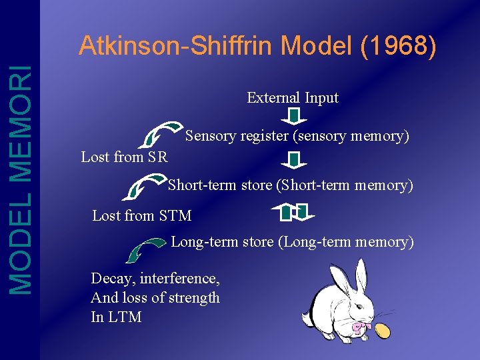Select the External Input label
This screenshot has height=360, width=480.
tap(293, 97)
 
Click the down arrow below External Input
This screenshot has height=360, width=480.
tap(292, 117)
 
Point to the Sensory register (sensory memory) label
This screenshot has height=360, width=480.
tap(297, 136)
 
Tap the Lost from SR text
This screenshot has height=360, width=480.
tap(124, 157)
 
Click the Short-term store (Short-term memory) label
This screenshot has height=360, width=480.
tap(290, 185)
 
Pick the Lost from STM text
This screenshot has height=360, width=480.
tap(141, 215)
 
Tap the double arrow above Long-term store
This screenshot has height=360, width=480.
tap(293, 212)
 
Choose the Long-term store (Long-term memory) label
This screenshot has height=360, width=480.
tap(292, 241)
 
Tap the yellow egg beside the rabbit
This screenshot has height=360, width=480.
tap(383, 329)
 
